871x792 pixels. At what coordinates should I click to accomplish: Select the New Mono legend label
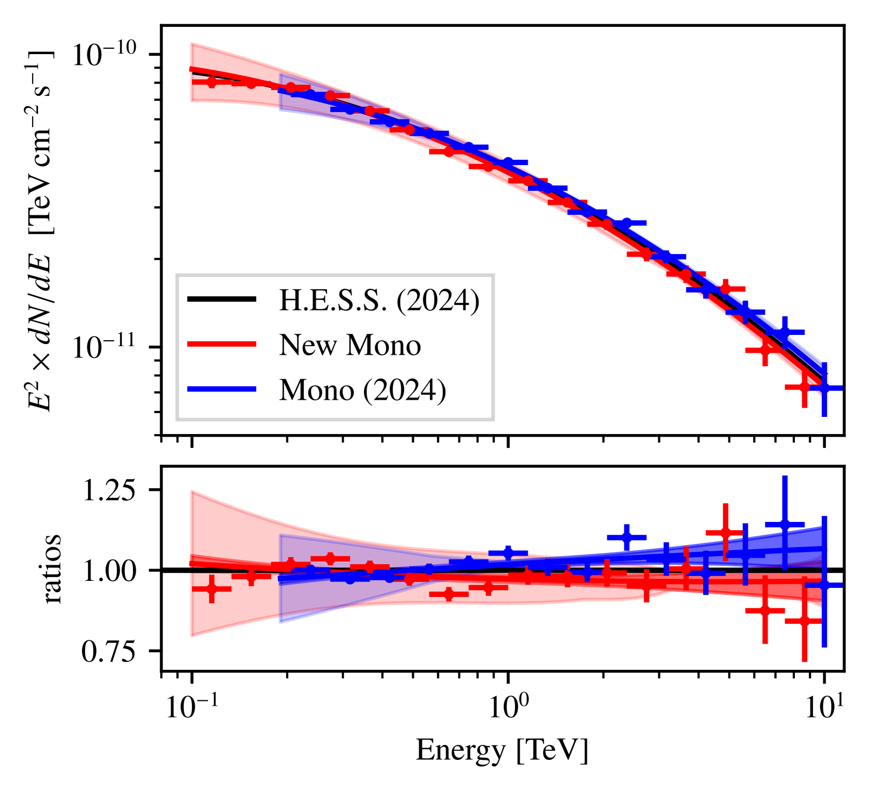click(x=349, y=345)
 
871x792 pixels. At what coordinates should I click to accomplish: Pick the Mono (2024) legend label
click(x=362, y=390)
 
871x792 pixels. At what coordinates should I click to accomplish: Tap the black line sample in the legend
click(x=221, y=300)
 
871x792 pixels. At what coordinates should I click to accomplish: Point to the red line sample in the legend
click(x=221, y=345)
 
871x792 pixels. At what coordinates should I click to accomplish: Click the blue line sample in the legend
click(x=221, y=390)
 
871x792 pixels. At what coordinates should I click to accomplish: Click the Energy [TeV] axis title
click(x=502, y=750)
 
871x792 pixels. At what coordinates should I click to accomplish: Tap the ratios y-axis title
click(x=52, y=569)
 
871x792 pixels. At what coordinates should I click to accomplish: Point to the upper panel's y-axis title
click(x=40, y=230)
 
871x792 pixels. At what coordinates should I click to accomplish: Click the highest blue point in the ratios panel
click(x=785, y=524)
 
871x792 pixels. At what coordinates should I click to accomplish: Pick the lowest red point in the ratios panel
click(x=804, y=621)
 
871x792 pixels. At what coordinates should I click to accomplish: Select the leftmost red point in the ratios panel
click(x=212, y=588)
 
